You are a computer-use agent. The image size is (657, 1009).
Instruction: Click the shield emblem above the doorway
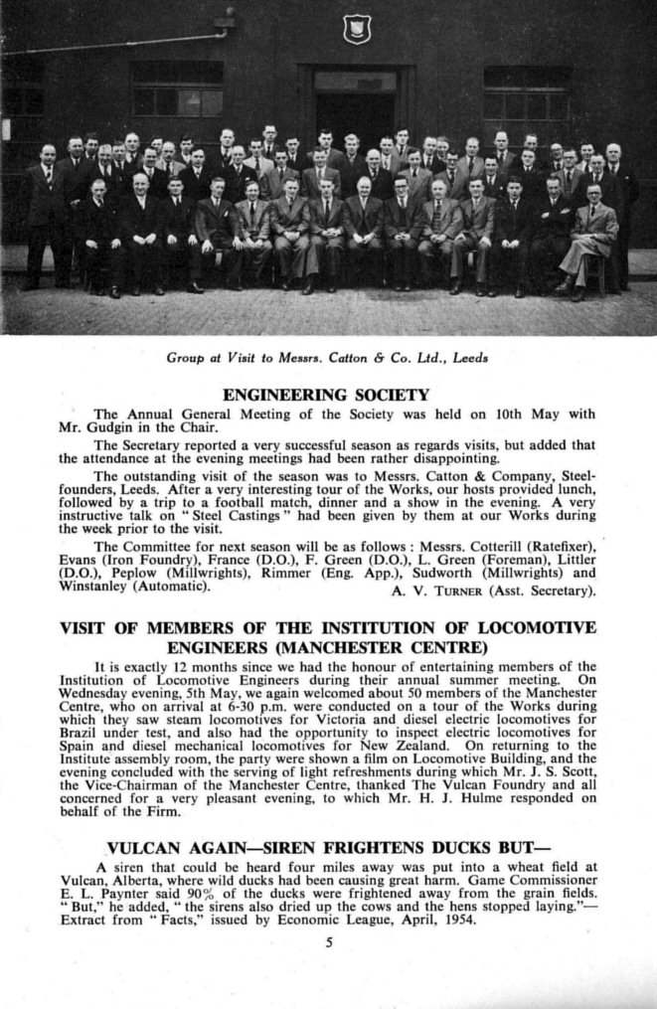coord(357,28)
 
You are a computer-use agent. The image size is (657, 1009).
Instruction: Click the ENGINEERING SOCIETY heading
coord(325,395)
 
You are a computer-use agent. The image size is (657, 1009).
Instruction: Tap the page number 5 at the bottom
coord(328,942)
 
